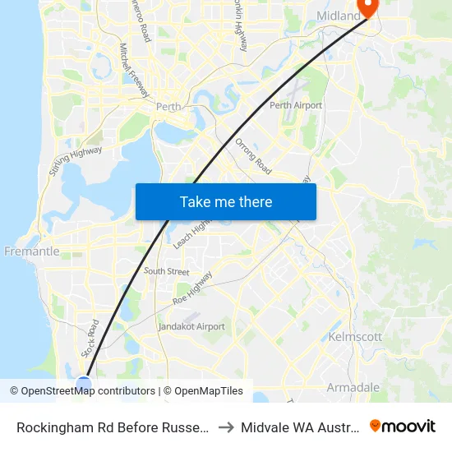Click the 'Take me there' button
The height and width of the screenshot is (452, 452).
[226, 201]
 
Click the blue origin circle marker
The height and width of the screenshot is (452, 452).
[84, 383]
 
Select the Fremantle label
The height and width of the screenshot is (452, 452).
[32, 251]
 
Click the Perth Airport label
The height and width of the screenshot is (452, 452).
[296, 105]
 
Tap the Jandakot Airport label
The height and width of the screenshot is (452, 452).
[191, 326]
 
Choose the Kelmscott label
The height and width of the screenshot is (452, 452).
[355, 337]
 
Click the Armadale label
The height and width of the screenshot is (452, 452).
[353, 387]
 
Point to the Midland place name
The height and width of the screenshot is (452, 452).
[339, 16]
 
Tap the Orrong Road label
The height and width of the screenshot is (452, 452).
[253, 156]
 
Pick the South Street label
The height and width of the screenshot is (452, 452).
[166, 271]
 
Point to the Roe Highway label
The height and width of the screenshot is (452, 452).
[193, 289]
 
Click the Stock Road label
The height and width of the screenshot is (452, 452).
[90, 338]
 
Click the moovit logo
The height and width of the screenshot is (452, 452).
[403, 427]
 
